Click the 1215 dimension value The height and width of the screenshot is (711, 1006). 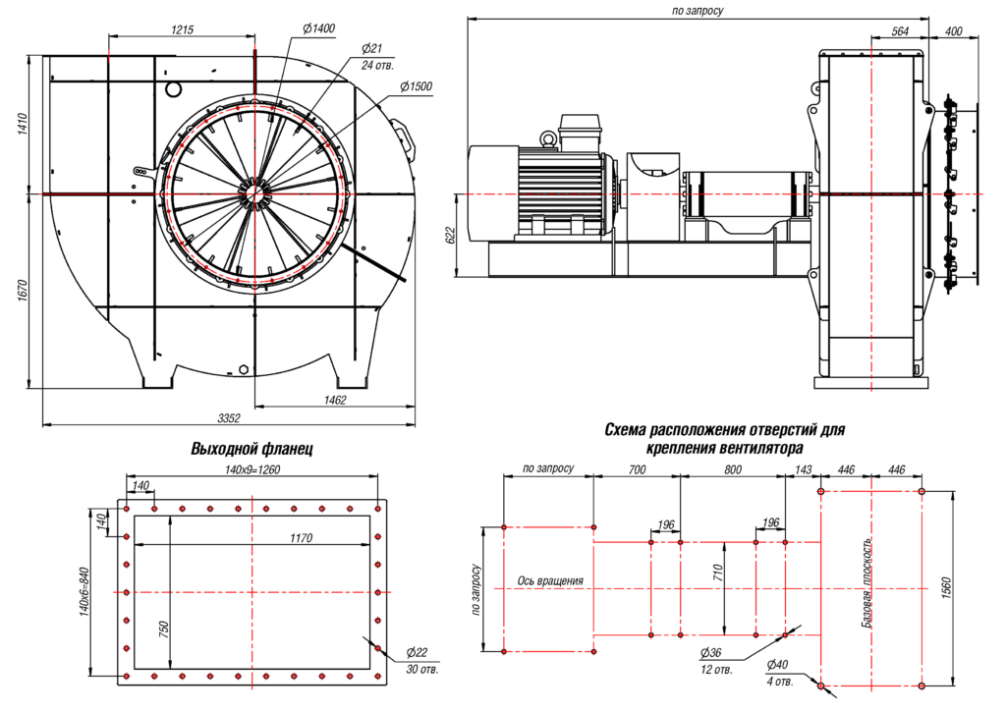tap(182, 29)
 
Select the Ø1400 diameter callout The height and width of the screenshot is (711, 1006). tap(318, 28)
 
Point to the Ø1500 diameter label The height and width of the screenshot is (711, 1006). tap(417, 86)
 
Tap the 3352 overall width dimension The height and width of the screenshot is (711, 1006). tap(228, 418)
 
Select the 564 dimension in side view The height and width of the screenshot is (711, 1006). tap(900, 31)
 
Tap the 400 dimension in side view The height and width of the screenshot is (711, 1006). tap(952, 31)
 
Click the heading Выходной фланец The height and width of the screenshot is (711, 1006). tap(251, 449)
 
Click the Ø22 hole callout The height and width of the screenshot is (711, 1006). tap(418, 653)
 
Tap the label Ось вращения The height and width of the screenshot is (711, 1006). tap(550, 580)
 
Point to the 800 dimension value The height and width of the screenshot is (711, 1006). tap(732, 469)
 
